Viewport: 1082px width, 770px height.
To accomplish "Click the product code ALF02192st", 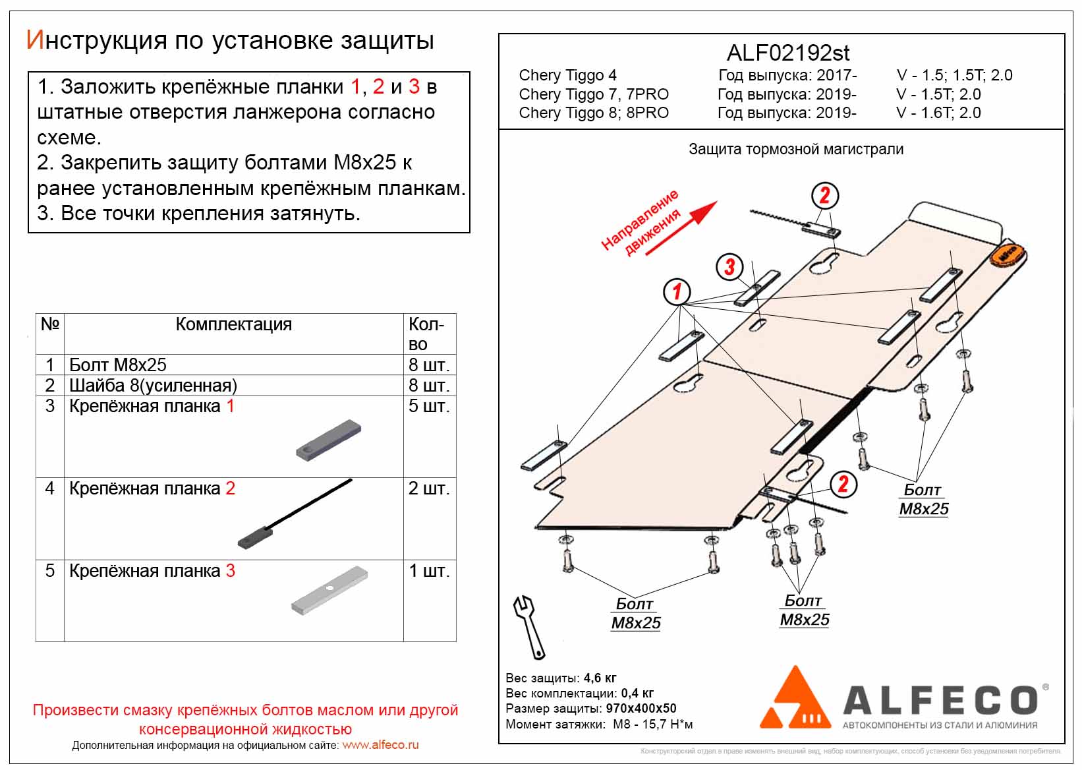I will [x=787, y=53].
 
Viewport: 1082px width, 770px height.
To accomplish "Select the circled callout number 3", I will [x=729, y=267].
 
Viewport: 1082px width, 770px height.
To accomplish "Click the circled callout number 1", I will [x=676, y=291].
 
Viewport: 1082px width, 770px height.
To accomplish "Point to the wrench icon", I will [x=529, y=626].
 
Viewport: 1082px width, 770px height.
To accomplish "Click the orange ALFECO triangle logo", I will [x=796, y=700].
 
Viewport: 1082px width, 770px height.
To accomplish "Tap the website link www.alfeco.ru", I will [x=380, y=745].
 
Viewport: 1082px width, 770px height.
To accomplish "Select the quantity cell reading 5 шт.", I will [x=429, y=406].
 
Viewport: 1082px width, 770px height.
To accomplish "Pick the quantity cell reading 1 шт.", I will [x=429, y=571].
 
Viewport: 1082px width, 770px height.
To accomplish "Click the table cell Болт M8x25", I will [x=118, y=365].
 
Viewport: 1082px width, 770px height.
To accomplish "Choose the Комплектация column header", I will [x=233, y=324].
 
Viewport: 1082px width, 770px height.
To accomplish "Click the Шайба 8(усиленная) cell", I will [x=153, y=386].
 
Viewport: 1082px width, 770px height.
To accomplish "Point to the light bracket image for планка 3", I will [x=329, y=590].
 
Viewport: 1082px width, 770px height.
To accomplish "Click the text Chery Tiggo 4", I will [x=567, y=75].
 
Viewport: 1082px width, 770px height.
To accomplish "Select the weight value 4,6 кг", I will [x=600, y=678].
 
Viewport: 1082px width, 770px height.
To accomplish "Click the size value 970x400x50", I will [x=641, y=709].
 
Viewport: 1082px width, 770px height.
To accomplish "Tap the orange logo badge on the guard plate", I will [x=1008, y=254].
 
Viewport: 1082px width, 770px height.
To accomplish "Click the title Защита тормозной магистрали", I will [x=795, y=149].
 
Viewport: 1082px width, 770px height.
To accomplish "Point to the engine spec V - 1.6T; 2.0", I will [x=938, y=113].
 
